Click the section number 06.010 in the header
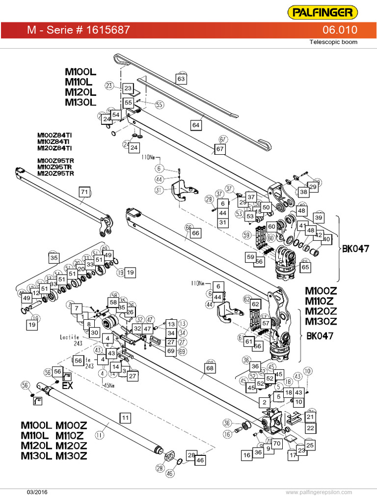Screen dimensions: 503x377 tap(341, 30)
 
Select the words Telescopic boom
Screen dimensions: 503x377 tap(333, 42)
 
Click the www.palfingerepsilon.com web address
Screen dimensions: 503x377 tap(319, 492)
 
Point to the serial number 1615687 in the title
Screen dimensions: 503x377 tap(108, 30)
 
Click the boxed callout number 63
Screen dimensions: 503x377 tap(181, 79)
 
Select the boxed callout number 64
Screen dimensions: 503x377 tap(196, 125)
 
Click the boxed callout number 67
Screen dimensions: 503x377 tap(220, 148)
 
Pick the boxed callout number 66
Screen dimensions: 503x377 tap(195, 233)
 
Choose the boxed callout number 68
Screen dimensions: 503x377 tap(210, 367)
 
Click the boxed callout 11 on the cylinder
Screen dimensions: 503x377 tap(125, 418)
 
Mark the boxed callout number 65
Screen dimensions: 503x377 tap(305, 267)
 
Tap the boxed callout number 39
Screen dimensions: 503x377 tap(319, 218)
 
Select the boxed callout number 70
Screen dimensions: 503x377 tap(276, 444)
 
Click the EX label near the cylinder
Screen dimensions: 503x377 tap(67, 386)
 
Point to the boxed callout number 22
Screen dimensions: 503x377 tap(310, 428)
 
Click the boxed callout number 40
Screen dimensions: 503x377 tap(326, 239)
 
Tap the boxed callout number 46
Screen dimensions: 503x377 tap(200, 461)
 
